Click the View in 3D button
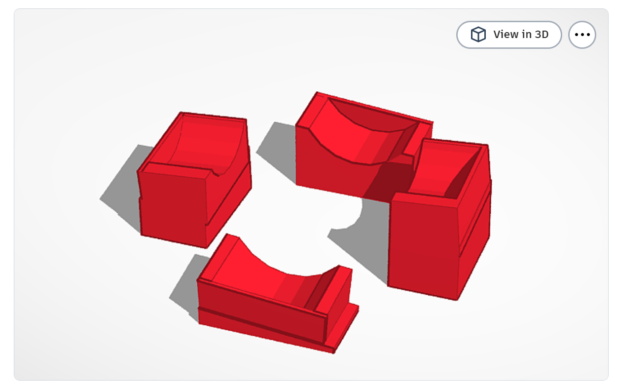coord(509,35)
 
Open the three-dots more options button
coord(582,35)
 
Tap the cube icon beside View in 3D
coord(478,35)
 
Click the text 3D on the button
coord(542,35)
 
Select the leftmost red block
coord(194,179)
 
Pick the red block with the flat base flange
coord(277,294)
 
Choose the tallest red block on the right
coord(439,219)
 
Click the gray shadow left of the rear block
coord(278,152)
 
